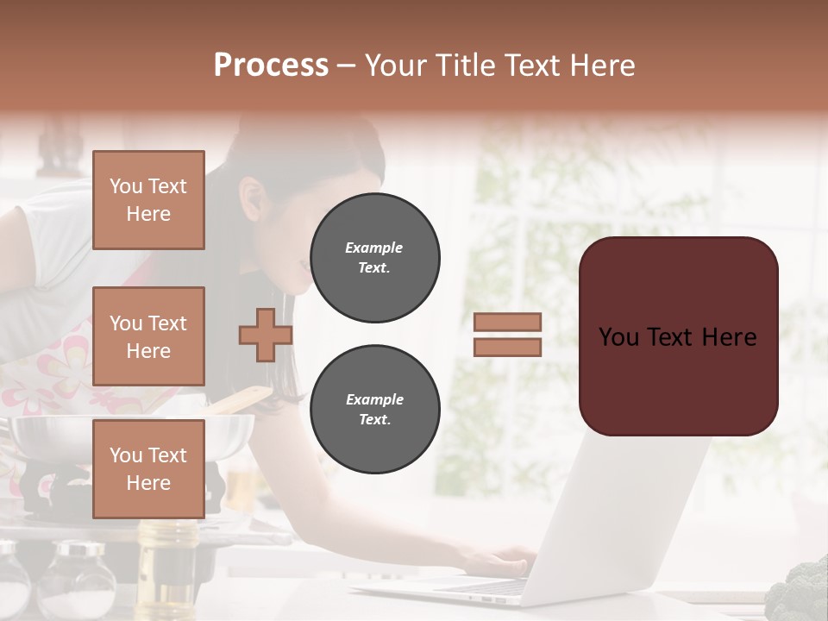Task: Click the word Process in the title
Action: click(x=271, y=66)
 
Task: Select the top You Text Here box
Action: click(x=148, y=200)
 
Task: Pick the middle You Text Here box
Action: click(x=148, y=336)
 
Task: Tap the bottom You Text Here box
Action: click(x=148, y=469)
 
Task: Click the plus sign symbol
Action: click(x=265, y=336)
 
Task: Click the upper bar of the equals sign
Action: click(x=508, y=322)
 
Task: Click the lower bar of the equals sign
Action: click(x=508, y=347)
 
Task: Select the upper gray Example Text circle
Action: click(x=375, y=258)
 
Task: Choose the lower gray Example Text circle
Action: click(x=375, y=410)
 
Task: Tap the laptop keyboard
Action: click(x=483, y=587)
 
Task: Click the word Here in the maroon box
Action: click(x=729, y=337)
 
